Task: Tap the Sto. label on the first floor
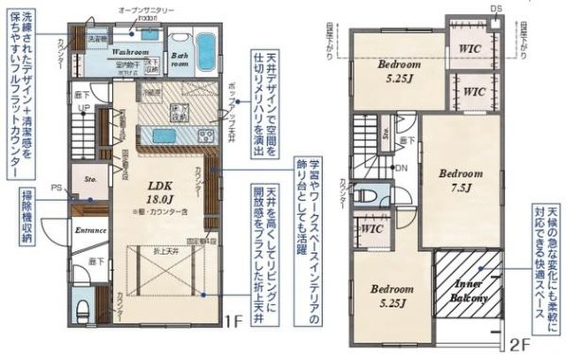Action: coord(89,178)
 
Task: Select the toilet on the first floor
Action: coord(81,309)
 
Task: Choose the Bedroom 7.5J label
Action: coord(460,180)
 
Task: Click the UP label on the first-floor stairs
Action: coord(85,109)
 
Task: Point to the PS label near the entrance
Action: coord(57,188)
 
